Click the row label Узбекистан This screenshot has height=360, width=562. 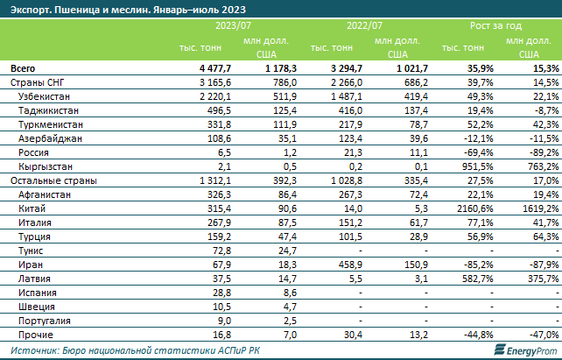pos(44,95)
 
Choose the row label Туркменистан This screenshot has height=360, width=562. pos(51,124)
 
